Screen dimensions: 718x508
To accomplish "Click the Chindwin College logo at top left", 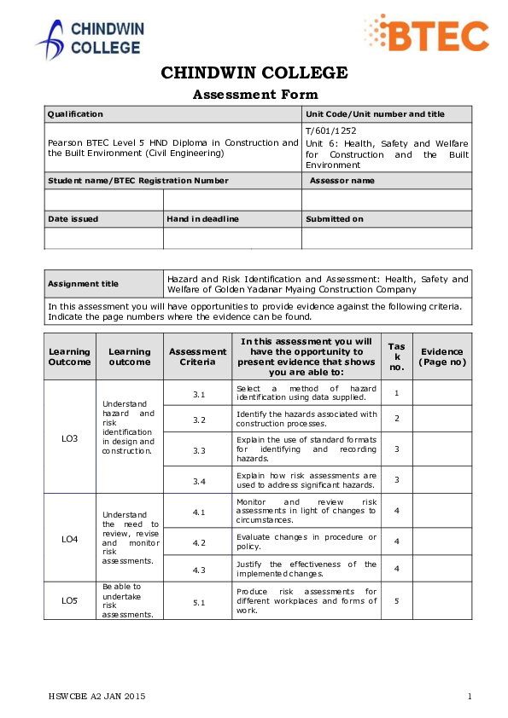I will [89, 39].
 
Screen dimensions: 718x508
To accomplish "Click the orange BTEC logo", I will [426, 36].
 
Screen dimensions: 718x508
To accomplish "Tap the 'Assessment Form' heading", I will [255, 95].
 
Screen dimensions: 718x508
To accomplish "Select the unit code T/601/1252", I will [331, 130].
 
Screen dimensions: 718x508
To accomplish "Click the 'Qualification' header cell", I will [75, 114].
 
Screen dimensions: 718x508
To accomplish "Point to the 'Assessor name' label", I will [342, 181].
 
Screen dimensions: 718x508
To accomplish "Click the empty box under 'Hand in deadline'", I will [232, 238].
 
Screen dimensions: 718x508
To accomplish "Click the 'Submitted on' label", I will [335, 219].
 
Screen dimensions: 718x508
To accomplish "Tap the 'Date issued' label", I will [73, 219].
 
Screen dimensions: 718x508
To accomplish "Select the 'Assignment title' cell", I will [83, 284].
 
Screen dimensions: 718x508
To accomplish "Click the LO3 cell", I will [69, 438].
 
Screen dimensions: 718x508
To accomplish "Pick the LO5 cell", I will [69, 600].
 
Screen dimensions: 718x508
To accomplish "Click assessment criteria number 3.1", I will [199, 394].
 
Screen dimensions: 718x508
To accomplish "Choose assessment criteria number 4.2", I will [199, 542].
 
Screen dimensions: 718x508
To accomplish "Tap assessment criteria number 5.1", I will [199, 602].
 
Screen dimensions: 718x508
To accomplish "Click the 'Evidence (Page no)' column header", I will [442, 356].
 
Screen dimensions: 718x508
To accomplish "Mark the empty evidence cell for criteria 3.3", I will [442, 449].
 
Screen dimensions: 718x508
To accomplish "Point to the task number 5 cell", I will [396, 600].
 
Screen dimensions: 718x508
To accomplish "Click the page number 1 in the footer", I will [470, 697].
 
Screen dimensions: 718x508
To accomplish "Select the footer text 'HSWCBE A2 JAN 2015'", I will [96, 697].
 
